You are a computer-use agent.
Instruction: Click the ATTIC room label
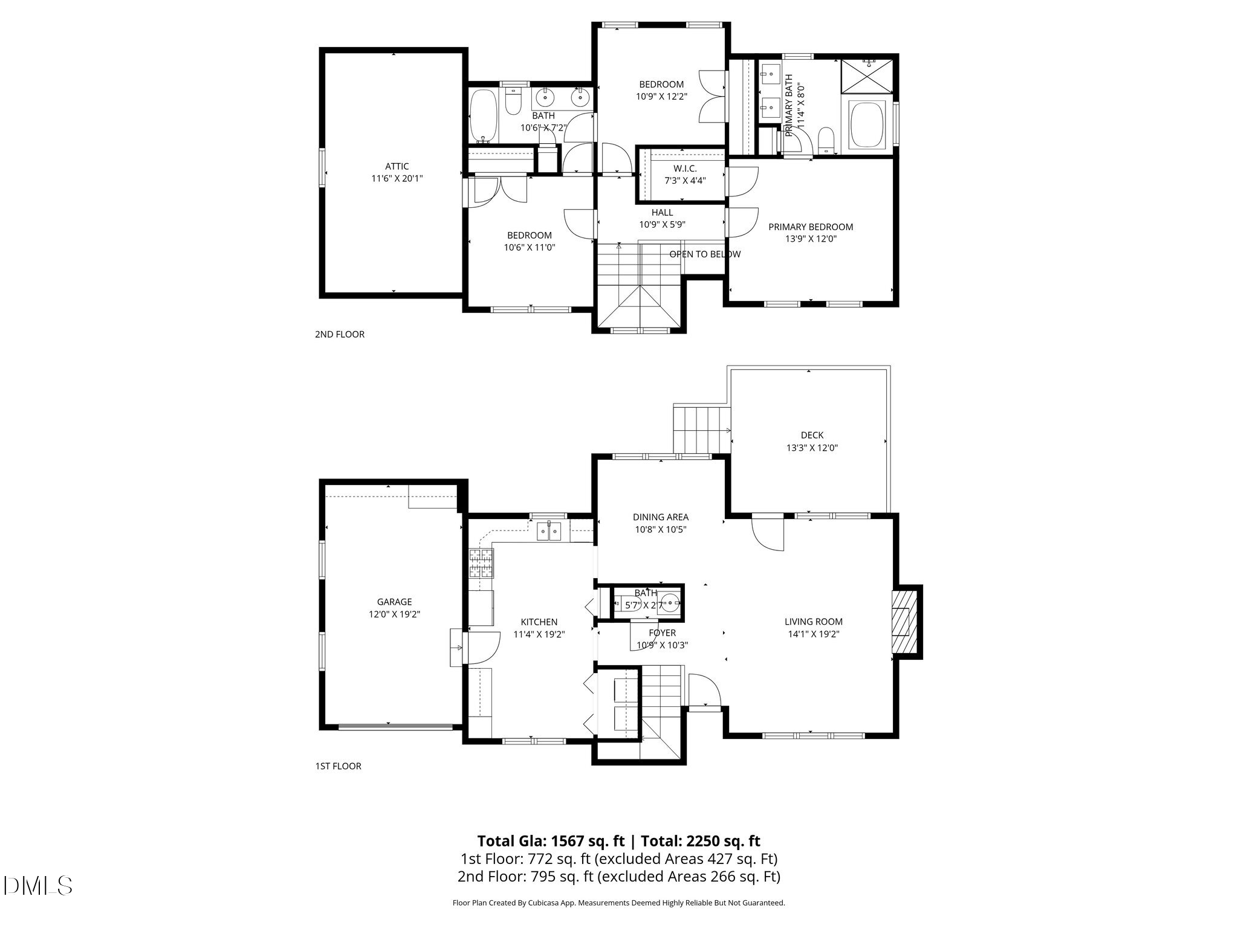tap(397, 166)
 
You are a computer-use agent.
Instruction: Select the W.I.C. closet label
tap(685, 169)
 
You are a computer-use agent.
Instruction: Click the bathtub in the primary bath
tap(867, 125)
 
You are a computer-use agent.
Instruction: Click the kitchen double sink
tap(549, 532)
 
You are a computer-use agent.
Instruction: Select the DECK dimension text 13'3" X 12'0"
tap(812, 448)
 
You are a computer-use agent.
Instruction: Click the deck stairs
tap(702, 430)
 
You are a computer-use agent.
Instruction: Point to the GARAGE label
tap(394, 602)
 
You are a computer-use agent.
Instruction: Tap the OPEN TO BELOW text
tap(704, 254)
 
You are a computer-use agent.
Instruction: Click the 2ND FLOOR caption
tap(340, 334)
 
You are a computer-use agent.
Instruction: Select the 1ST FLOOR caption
tap(338, 766)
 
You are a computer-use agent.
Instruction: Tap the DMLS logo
tap(37, 886)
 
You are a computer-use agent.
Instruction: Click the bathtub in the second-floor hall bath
tap(484, 117)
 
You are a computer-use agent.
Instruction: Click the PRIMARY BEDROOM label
tap(811, 227)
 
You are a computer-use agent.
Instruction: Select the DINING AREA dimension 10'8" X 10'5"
tap(660, 529)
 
